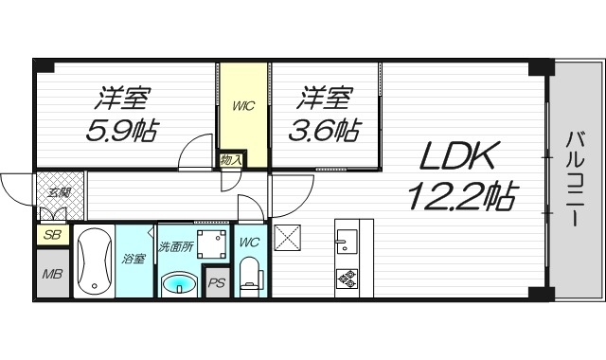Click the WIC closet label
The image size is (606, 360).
pyautogui.click(x=243, y=104)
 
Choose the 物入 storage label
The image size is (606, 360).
pyautogui.click(x=230, y=159)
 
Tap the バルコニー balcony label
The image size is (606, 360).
pyautogui.click(x=574, y=179)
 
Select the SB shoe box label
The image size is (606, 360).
pyautogui.click(x=51, y=235)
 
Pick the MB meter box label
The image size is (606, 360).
pyautogui.click(x=51, y=276)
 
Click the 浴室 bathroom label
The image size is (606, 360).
pyautogui.click(x=134, y=258)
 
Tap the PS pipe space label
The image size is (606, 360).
pyautogui.click(x=217, y=282)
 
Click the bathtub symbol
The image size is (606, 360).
pyautogui.click(x=93, y=262)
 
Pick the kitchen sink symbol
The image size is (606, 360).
pyautogui.click(x=346, y=241)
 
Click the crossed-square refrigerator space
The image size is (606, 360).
pyautogui.click(x=287, y=238)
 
